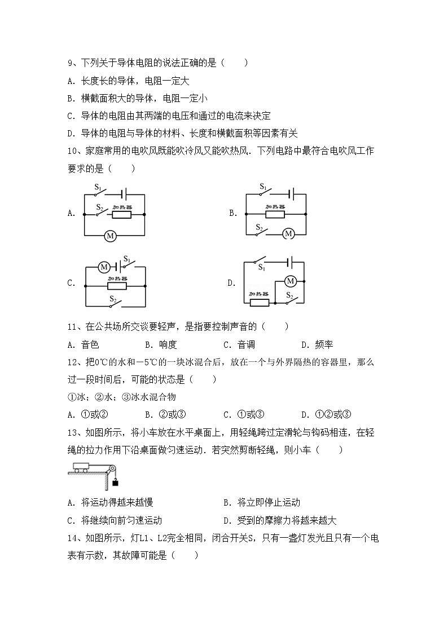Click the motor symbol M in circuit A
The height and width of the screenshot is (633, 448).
click(111, 236)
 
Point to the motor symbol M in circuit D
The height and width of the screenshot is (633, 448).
click(291, 281)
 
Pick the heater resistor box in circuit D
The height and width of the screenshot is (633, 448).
click(259, 302)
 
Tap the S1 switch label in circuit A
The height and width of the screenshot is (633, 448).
click(98, 187)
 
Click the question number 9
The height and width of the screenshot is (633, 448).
click(70, 64)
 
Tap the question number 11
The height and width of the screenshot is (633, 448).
click(72, 326)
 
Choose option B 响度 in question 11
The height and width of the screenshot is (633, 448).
click(161, 344)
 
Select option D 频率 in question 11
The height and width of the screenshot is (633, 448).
click(317, 344)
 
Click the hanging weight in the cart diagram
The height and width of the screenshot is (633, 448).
click(115, 482)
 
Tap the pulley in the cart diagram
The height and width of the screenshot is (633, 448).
click(112, 468)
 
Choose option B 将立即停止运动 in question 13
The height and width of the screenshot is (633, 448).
click(262, 502)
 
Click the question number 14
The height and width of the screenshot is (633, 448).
click(72, 538)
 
